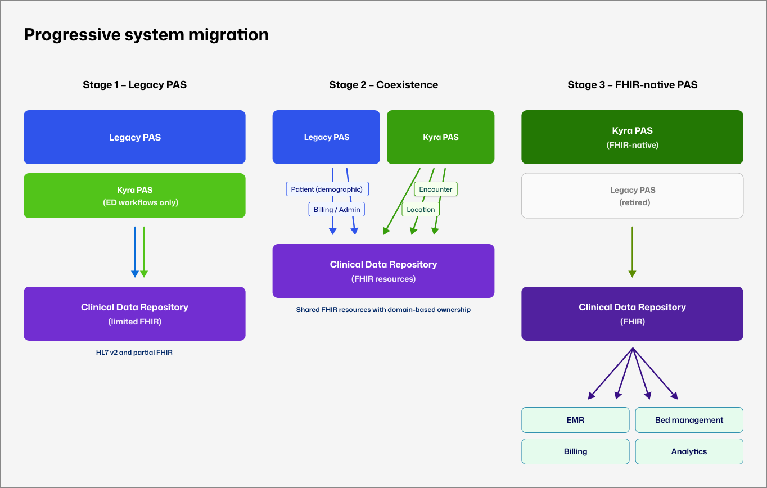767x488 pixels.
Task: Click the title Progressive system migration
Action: pyautogui.click(x=146, y=35)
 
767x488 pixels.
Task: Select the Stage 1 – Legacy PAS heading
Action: pyautogui.click(x=134, y=85)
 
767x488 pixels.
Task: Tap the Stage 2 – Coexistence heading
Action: pyautogui.click(x=383, y=85)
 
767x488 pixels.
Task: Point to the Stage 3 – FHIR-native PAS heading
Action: pyautogui.click(x=632, y=85)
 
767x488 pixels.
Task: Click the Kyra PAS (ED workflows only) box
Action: pyautogui.click(x=134, y=196)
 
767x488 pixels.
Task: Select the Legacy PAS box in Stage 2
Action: pyautogui.click(x=326, y=137)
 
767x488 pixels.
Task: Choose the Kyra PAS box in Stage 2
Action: pyautogui.click(x=440, y=137)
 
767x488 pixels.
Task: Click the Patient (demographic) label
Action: pyautogui.click(x=327, y=189)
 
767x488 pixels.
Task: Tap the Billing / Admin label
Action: pyautogui.click(x=337, y=210)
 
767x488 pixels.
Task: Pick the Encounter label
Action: pyautogui.click(x=436, y=189)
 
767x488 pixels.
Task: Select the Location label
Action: pyautogui.click(x=421, y=210)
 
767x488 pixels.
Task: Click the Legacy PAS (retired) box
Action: pyautogui.click(x=632, y=196)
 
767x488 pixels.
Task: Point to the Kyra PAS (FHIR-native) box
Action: pyautogui.click(x=632, y=137)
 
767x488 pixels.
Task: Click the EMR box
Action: pyautogui.click(x=575, y=420)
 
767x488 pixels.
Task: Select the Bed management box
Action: pyautogui.click(x=689, y=420)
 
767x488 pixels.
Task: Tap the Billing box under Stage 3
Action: pyautogui.click(x=575, y=451)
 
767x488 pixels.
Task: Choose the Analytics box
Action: pyautogui.click(x=689, y=451)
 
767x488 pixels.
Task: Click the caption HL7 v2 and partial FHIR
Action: pyautogui.click(x=134, y=353)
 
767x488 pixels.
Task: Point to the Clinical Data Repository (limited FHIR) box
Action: pyautogui.click(x=134, y=314)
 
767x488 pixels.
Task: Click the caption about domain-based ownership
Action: pyautogui.click(x=383, y=310)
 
